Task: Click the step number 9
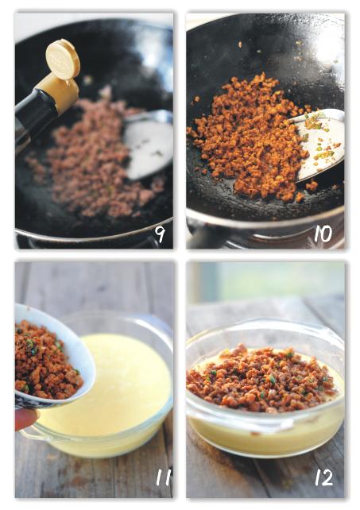pos(160,234)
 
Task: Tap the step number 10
pos(323,234)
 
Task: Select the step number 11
pos(163,477)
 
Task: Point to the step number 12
pos(324,477)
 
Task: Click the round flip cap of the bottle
pos(63,59)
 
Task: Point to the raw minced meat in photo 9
pos(95,156)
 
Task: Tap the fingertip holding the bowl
pos(25,419)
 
